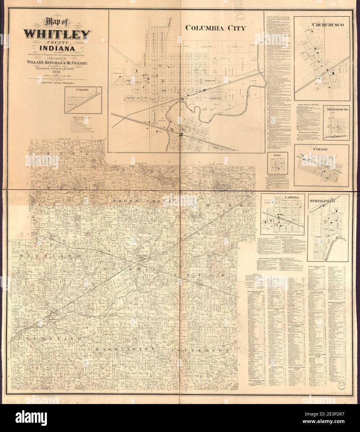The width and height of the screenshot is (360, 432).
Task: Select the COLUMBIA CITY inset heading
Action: point(216,28)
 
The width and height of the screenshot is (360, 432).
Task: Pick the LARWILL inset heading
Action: point(282,197)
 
